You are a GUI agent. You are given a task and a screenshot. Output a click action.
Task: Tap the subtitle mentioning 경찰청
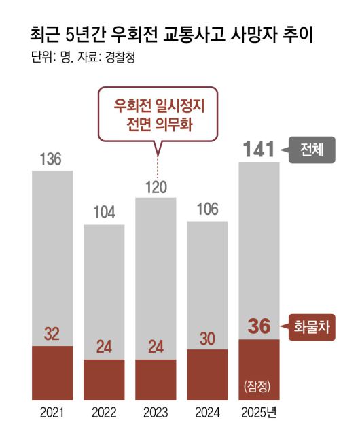click(x=84, y=58)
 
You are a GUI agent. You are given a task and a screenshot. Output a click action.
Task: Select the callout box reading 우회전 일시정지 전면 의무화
click(x=158, y=116)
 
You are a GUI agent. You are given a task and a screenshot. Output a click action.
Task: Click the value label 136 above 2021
click(x=51, y=160)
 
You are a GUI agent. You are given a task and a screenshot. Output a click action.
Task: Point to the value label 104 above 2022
click(x=104, y=212)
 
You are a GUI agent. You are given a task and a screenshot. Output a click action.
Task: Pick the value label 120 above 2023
click(x=156, y=187)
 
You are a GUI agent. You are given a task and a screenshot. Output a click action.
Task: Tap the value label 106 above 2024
click(x=207, y=209)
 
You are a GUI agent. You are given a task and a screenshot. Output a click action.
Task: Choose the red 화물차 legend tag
click(x=312, y=326)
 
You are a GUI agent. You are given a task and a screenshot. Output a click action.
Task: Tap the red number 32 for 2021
click(x=52, y=334)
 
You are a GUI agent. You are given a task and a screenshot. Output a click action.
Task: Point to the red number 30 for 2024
click(x=207, y=338)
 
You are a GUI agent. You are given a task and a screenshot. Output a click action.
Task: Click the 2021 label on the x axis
click(x=52, y=413)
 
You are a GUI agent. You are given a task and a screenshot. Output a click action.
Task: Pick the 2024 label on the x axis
click(x=207, y=413)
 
